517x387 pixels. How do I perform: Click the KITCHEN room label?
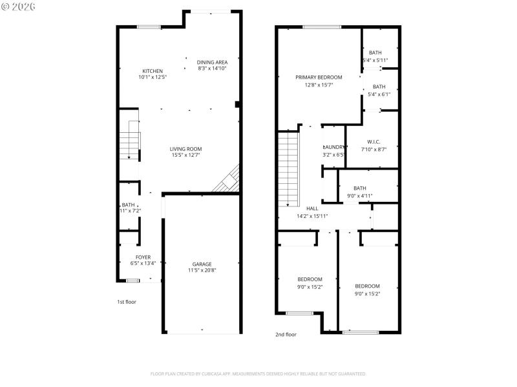coord(153,71)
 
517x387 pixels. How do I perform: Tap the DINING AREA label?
coord(212,62)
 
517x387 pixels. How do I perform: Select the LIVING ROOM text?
coord(186,149)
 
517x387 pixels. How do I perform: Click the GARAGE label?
coord(202,264)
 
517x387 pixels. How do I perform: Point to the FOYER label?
coord(143,257)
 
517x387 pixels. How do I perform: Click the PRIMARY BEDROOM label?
coord(319,77)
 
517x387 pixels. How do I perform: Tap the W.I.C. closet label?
coord(374,142)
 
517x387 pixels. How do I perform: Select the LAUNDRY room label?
coord(333,147)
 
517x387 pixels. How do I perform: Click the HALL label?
coord(312,209)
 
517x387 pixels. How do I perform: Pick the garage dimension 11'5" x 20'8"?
coord(202,270)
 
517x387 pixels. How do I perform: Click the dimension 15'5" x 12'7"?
coord(186,155)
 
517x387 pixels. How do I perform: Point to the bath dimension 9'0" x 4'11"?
coord(359,195)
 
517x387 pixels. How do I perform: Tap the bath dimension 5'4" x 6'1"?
coord(379,94)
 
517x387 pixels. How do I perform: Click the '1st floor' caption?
coord(127,302)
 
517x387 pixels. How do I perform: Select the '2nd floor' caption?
coord(286,335)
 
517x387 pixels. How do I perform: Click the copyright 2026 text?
coord(19,6)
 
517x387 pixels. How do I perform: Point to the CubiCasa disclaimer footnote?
coord(258,373)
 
